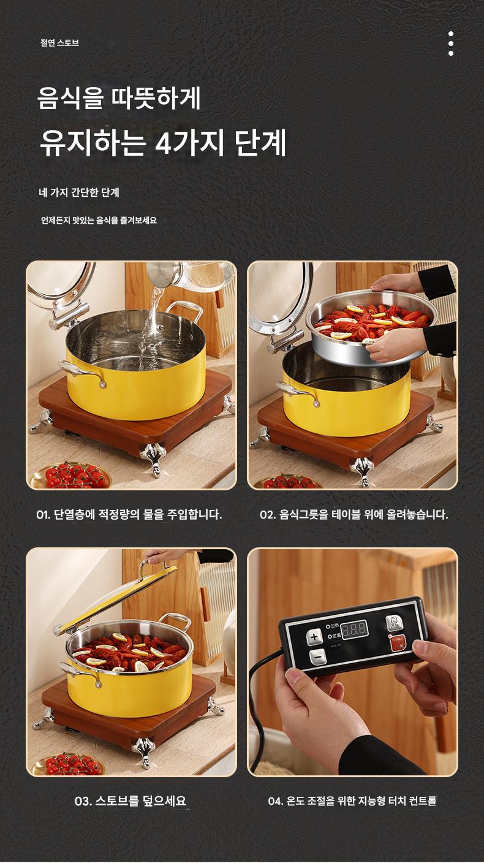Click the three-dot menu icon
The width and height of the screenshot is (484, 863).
point(451,44)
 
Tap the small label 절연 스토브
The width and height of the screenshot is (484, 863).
point(59,43)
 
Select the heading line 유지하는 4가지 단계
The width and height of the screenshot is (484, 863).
point(163,143)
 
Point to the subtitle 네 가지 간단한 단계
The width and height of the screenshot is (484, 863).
point(79,192)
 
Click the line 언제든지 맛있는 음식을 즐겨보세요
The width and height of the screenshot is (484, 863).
point(99,221)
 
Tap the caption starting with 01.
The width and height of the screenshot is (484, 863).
point(129,514)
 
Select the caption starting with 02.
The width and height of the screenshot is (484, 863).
point(354,514)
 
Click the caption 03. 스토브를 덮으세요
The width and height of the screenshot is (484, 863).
point(130,801)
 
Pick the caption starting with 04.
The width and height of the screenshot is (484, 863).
point(352,801)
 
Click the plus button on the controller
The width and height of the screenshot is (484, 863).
point(314,637)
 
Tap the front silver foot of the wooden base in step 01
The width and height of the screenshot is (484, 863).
point(153,458)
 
